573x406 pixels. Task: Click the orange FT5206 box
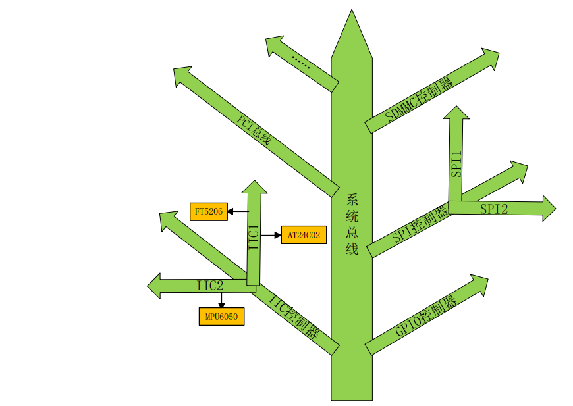[x=208, y=211]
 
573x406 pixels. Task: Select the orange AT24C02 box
[x=304, y=234]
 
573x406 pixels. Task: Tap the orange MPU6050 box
[x=221, y=317]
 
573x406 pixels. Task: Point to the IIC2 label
[x=210, y=286]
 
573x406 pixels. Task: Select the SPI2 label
[x=494, y=209]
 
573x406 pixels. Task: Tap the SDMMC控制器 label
[x=419, y=99]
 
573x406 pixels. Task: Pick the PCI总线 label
[x=254, y=130]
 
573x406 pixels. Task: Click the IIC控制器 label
[x=294, y=315]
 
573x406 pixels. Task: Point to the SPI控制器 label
[x=420, y=224]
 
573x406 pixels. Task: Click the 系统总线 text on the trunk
[x=352, y=224]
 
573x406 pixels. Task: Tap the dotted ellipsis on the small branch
[x=300, y=63]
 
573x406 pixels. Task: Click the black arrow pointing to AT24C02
[x=271, y=234]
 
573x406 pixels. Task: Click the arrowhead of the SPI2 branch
[x=548, y=209]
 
